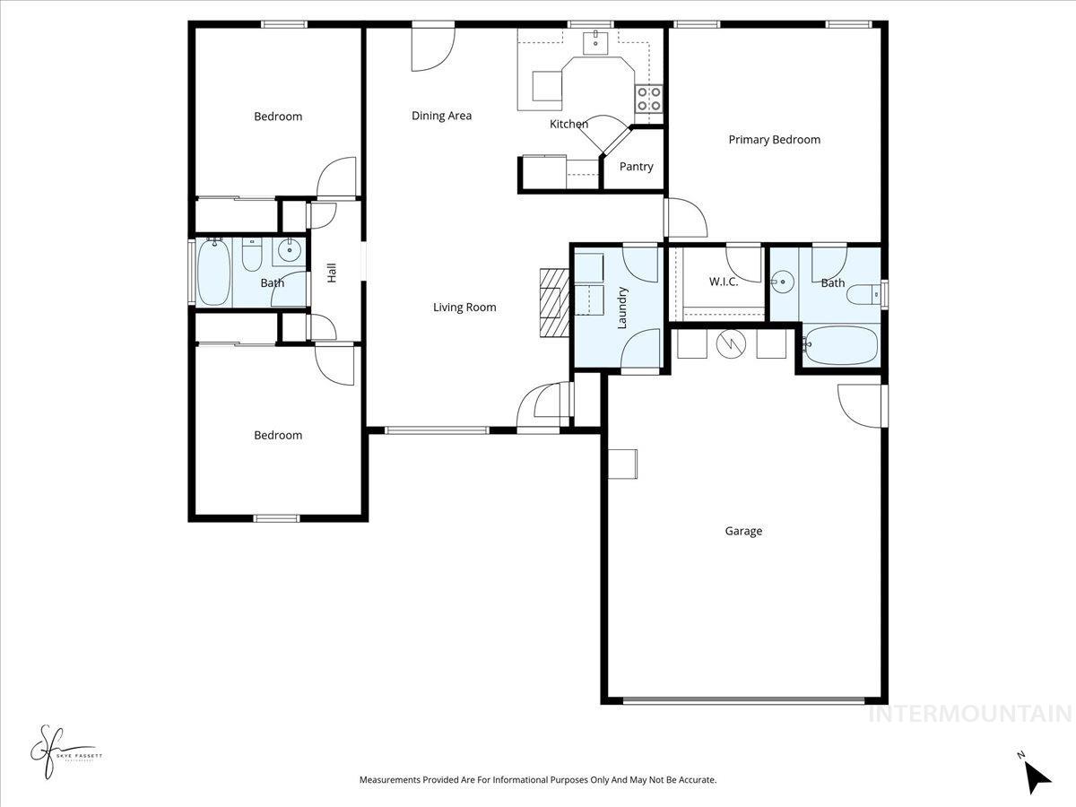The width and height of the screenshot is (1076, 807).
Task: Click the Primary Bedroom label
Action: (x=774, y=140)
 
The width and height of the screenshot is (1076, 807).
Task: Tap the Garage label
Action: (x=743, y=531)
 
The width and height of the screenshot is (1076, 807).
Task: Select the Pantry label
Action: (x=636, y=167)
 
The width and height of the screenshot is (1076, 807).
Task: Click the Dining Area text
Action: (x=441, y=116)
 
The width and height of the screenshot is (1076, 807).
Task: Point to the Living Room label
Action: (x=464, y=308)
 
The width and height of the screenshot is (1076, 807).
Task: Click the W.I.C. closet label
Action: (x=723, y=282)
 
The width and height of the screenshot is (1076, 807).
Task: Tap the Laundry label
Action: (x=621, y=308)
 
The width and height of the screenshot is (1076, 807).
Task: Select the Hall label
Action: (x=332, y=273)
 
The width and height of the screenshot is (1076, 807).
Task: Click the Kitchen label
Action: (x=568, y=125)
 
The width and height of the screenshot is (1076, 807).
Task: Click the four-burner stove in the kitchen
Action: (x=649, y=99)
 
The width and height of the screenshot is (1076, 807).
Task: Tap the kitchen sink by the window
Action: (x=595, y=40)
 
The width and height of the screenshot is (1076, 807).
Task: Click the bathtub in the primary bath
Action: (x=841, y=345)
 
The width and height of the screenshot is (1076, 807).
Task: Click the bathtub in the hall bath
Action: (x=214, y=272)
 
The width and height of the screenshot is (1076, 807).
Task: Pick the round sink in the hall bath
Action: (x=289, y=252)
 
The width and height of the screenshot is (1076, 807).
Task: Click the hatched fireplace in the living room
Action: (x=554, y=302)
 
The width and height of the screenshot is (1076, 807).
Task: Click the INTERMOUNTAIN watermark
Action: (x=969, y=715)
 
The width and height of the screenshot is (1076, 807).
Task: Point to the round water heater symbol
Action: (x=732, y=343)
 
